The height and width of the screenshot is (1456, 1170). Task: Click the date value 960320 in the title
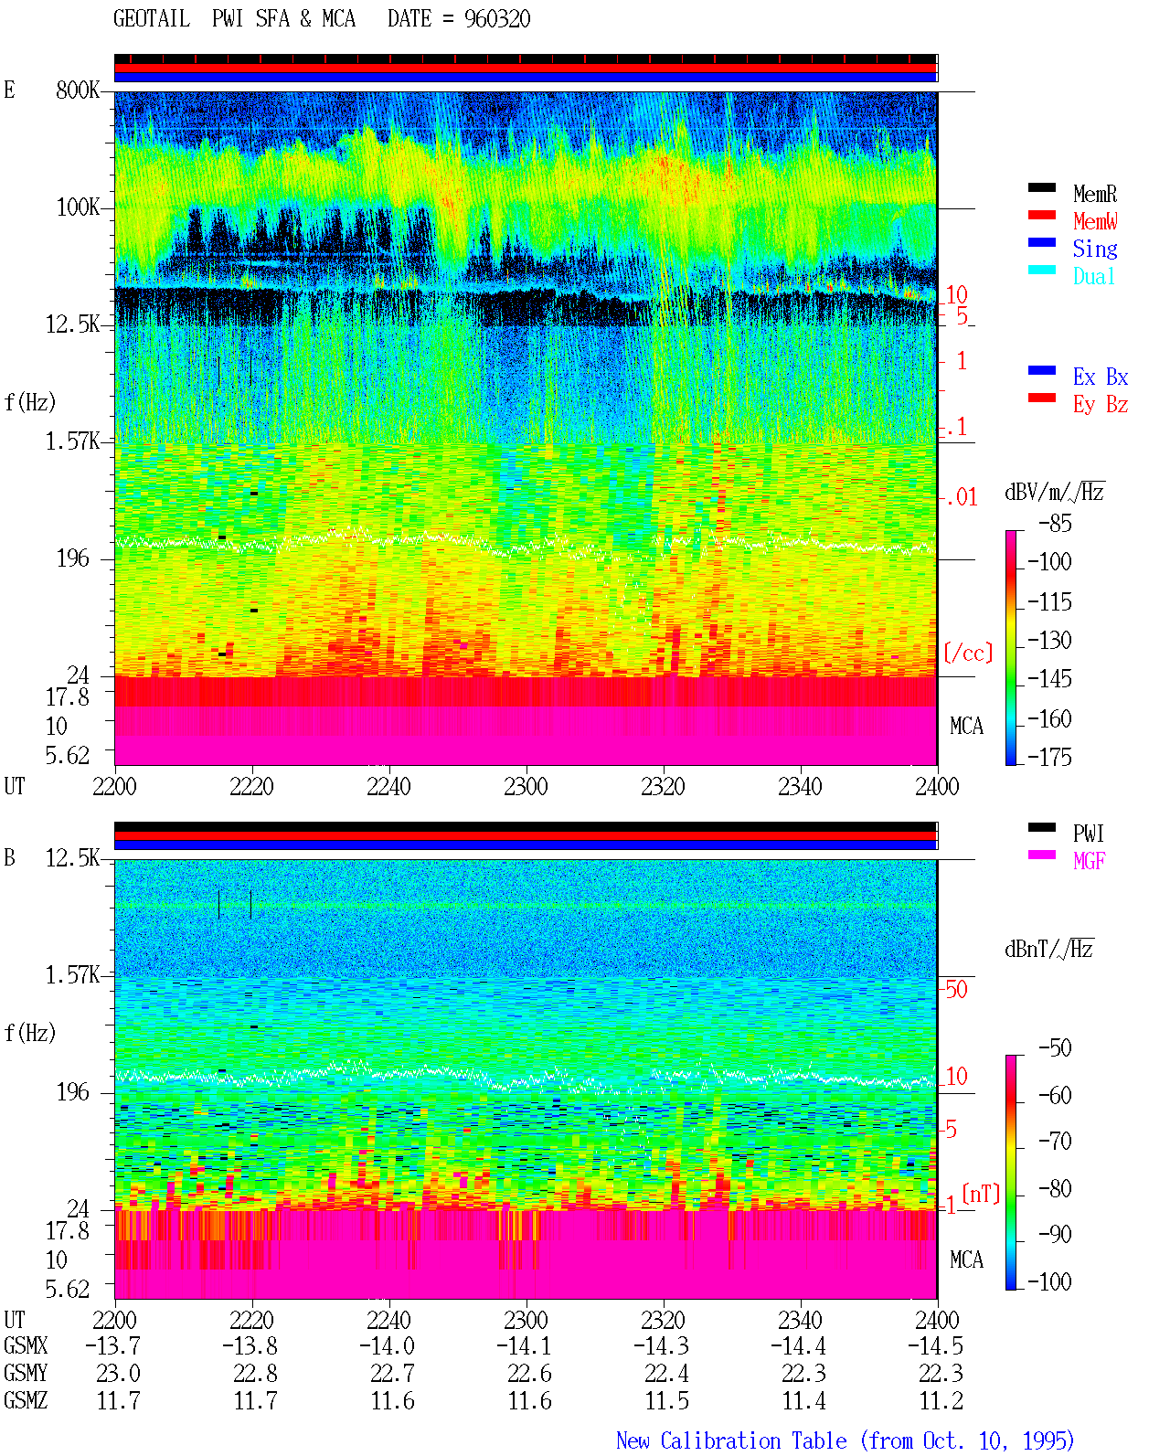[496, 19]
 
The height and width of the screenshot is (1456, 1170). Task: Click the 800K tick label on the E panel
[78, 90]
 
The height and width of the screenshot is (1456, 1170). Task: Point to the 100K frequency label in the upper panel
[78, 207]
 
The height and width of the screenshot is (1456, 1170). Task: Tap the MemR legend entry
[1095, 194]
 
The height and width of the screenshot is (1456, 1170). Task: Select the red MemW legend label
[1095, 221]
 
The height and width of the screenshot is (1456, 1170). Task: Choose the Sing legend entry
[1095, 249]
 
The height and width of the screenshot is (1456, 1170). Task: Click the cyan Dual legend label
[1093, 276]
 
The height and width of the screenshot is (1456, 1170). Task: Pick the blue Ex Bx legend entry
[1101, 377]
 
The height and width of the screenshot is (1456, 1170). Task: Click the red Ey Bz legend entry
[1101, 405]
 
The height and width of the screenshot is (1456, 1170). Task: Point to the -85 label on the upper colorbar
[1055, 523]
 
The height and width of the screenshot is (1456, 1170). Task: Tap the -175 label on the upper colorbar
[1049, 757]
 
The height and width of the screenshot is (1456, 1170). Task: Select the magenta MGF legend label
[1089, 861]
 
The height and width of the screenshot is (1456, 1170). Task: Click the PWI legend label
[1088, 834]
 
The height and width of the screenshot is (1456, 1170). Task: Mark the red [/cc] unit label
[968, 653]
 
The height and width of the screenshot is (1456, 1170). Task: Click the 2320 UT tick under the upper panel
[664, 787]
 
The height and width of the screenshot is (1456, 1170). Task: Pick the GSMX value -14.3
[661, 1346]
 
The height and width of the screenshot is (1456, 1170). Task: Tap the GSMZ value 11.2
[941, 1400]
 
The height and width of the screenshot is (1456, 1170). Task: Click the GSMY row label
[26, 1374]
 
